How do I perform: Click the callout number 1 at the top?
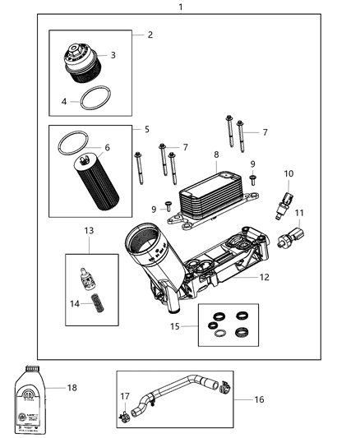click(x=181, y=7)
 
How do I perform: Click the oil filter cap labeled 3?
click(x=81, y=65)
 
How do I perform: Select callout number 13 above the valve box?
click(x=89, y=232)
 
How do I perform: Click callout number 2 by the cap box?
click(x=150, y=35)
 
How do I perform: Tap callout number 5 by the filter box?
click(x=146, y=130)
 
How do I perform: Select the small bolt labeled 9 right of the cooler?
click(x=252, y=180)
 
